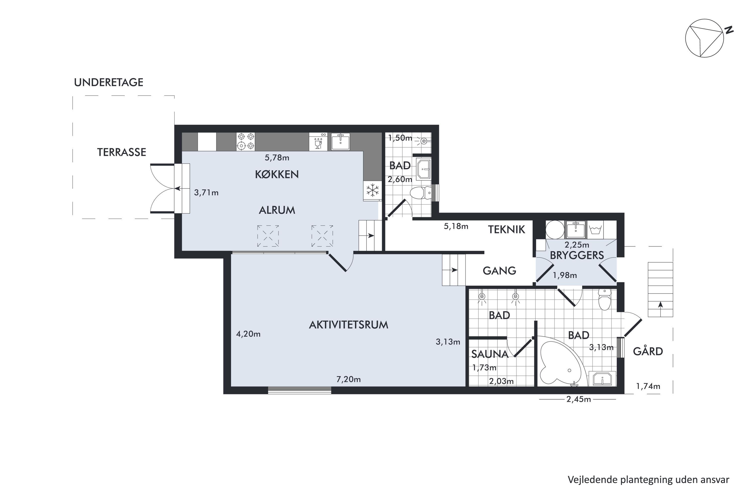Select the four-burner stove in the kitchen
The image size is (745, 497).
[x=246, y=141]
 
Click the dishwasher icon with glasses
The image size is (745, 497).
[x=318, y=142]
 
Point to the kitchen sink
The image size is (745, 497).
[x=340, y=141]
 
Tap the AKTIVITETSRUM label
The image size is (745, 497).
[x=348, y=325]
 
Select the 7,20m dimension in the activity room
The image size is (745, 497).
[x=348, y=379]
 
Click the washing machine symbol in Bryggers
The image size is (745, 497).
[x=596, y=229]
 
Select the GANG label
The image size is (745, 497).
[x=499, y=271]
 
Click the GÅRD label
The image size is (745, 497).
[x=648, y=351]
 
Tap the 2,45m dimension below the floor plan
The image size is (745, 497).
[x=579, y=399]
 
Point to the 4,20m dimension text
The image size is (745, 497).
[x=248, y=334]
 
